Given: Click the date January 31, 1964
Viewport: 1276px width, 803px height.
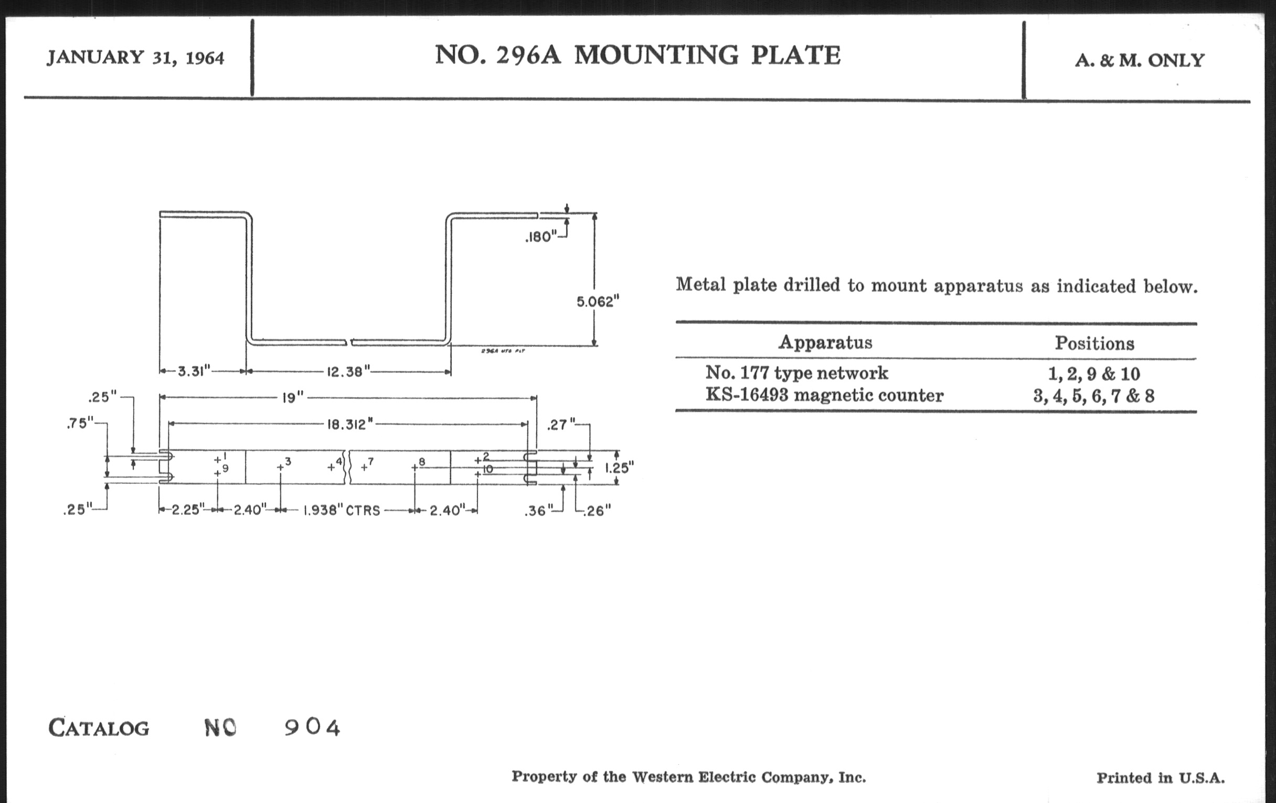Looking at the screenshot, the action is pyautogui.click(x=136, y=57).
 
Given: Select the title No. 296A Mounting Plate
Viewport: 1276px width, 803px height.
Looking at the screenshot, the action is pyautogui.click(x=637, y=55).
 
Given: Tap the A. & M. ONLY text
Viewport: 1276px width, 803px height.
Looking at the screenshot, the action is pyautogui.click(x=1140, y=60).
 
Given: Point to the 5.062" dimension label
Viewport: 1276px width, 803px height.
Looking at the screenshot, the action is pyautogui.click(x=598, y=302).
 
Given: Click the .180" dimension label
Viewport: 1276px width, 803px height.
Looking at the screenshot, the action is pyautogui.click(x=541, y=237).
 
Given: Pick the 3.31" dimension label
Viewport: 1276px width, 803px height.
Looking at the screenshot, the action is pyautogui.click(x=194, y=371).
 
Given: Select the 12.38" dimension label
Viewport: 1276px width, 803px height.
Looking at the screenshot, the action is pyautogui.click(x=348, y=372).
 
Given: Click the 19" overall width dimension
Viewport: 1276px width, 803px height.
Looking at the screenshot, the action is pyautogui.click(x=293, y=397).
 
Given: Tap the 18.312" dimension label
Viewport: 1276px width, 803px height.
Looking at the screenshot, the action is pyautogui.click(x=350, y=424).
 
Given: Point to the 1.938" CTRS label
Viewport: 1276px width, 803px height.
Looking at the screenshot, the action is pyautogui.click(x=341, y=511).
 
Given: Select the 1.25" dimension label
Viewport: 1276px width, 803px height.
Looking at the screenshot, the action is pyautogui.click(x=620, y=468).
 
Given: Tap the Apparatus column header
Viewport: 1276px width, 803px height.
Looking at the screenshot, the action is pyautogui.click(x=825, y=342).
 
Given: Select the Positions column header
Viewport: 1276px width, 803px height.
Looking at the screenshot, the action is pyautogui.click(x=1094, y=343).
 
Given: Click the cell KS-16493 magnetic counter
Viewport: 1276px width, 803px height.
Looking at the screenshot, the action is pyautogui.click(x=825, y=395).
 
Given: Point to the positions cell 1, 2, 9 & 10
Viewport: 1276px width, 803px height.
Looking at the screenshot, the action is pyautogui.click(x=1094, y=374).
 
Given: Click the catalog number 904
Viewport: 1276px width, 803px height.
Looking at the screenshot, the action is pyautogui.click(x=312, y=727).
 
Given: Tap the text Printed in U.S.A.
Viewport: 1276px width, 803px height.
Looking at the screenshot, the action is pyautogui.click(x=1161, y=778).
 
